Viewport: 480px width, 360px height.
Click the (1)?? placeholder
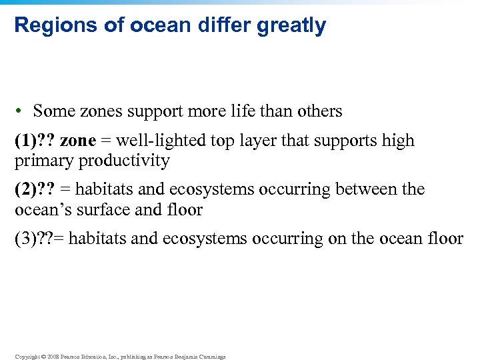[x=35, y=141]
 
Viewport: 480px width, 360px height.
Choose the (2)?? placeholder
[x=35, y=189]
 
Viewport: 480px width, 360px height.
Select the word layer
[x=265, y=141]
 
